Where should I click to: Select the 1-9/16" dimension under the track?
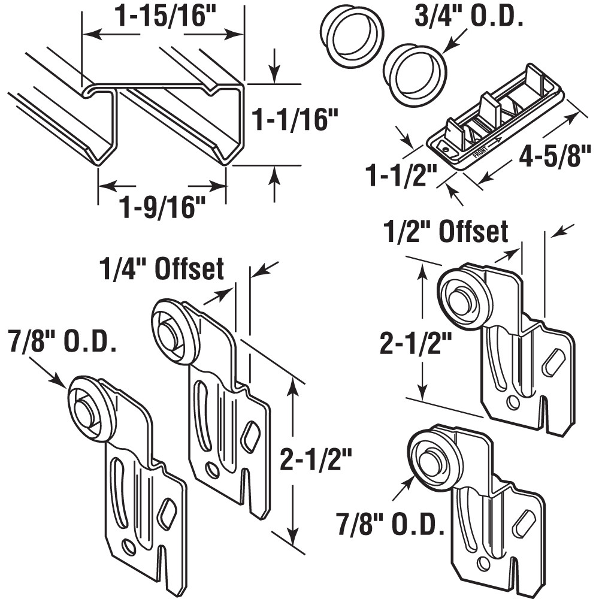click(x=162, y=208)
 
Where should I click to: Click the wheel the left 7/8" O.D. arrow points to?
click(x=87, y=407)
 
